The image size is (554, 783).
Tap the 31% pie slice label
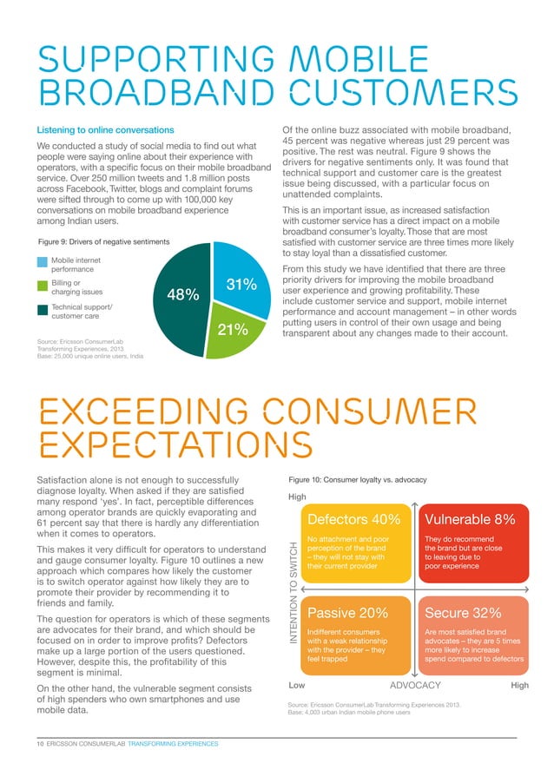click(242, 285)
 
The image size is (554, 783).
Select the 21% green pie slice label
click(232, 329)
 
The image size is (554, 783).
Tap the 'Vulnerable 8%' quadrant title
click(470, 519)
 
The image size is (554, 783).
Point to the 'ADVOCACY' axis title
click(415, 686)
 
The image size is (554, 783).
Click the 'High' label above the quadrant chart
click(297, 497)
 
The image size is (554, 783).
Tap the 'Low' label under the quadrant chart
click(296, 686)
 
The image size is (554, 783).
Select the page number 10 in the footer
click(39, 745)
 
